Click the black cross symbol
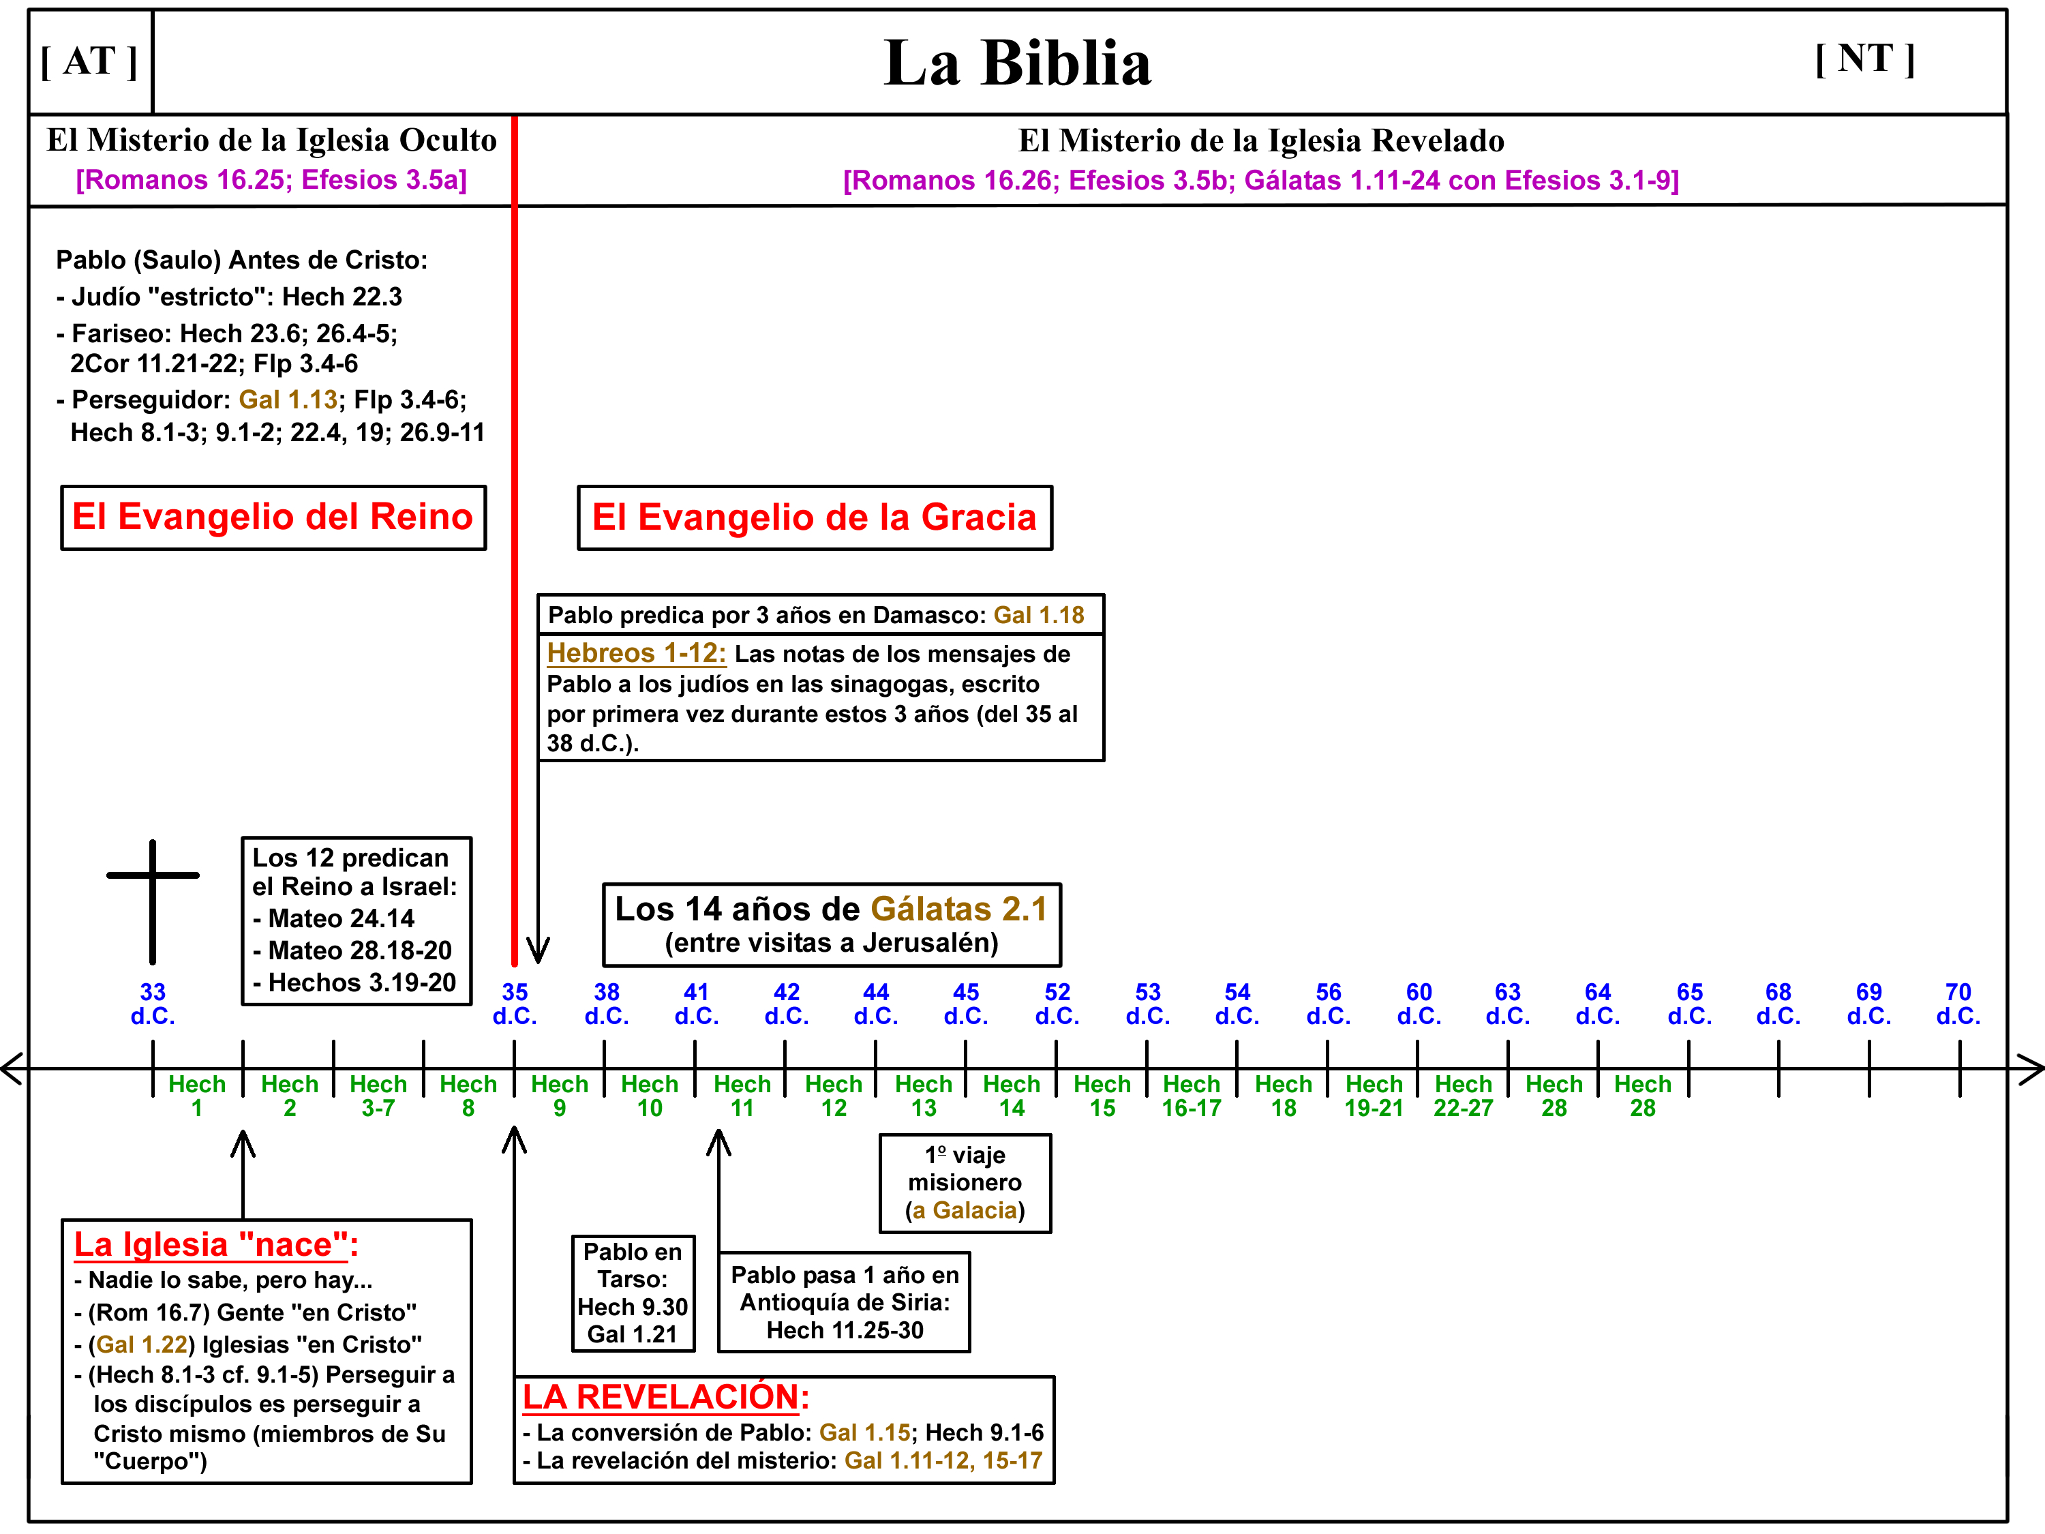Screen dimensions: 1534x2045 click(153, 901)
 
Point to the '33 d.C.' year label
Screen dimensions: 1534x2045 click(153, 1004)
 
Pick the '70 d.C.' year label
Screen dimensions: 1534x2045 click(1958, 1004)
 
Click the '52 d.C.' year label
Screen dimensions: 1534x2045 click(1057, 1004)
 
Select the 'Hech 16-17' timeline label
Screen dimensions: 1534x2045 click(1192, 1096)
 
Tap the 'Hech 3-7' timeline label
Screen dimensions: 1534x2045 click(378, 1096)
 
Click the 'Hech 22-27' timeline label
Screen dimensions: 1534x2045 click(1464, 1096)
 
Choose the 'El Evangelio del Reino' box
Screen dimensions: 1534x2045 click(273, 517)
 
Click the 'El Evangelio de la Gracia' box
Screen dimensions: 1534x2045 click(815, 517)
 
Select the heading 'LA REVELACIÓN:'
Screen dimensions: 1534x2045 click(665, 1397)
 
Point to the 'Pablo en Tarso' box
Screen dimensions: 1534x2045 click(633, 1293)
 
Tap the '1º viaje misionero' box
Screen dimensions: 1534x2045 click(965, 1183)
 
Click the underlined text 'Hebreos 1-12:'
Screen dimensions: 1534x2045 click(636, 653)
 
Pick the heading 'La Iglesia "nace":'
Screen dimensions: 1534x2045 click(215, 1246)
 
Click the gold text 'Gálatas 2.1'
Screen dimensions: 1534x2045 click(958, 909)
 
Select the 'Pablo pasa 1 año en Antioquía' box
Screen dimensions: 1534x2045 click(844, 1302)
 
